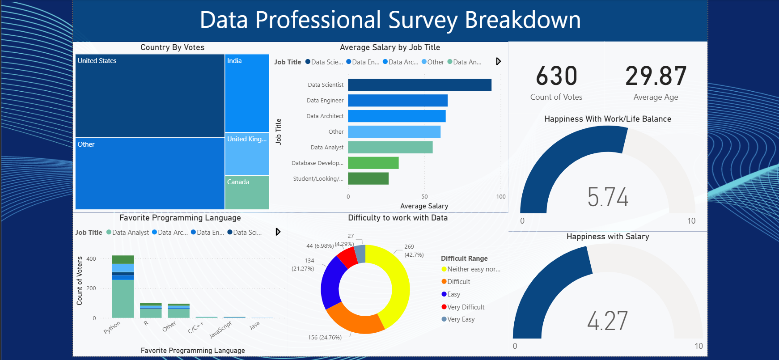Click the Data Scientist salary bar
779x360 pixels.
tap(419, 85)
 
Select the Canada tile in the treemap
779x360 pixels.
tap(247, 192)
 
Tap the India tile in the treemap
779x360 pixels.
tap(247, 93)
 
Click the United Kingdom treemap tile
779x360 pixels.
tap(247, 153)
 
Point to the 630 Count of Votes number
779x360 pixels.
tap(556, 76)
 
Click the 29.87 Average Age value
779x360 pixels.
tap(656, 76)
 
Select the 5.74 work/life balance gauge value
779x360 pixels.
tap(608, 197)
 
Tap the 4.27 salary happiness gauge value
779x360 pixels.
tap(607, 321)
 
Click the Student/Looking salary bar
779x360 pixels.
tap(368, 178)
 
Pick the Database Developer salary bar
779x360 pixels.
tap(373, 163)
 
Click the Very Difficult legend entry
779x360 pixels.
tap(466, 307)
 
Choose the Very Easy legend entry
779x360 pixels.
tap(461, 319)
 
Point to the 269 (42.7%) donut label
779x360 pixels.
tap(413, 250)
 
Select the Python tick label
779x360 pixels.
tap(112, 327)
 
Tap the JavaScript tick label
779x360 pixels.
tap(221, 330)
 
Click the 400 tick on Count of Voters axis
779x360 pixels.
tap(91, 259)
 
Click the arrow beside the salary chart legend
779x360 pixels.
tap(498, 61)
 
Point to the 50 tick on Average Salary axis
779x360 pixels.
tap(424, 197)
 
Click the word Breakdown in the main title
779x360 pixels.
tap(522, 20)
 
